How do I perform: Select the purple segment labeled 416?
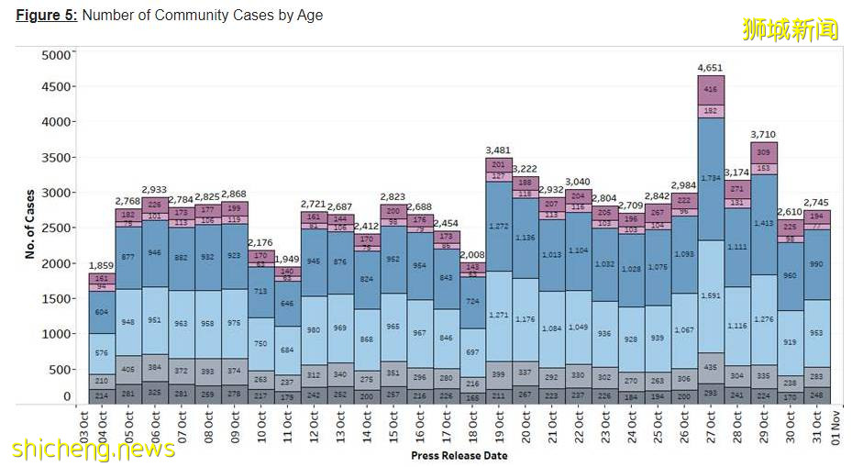tap(711, 90)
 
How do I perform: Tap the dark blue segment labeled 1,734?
tap(711, 177)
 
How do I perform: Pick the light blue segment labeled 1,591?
tap(711, 295)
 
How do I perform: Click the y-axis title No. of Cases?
tap(29, 225)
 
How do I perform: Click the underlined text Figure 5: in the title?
tap(47, 16)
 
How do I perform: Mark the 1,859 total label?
tap(102, 265)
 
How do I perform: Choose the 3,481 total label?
tap(499, 150)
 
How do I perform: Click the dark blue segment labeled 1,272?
tap(499, 225)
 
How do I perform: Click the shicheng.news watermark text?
tap(94, 449)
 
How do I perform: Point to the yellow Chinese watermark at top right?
tap(790, 28)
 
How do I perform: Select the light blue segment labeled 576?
tap(102, 352)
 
